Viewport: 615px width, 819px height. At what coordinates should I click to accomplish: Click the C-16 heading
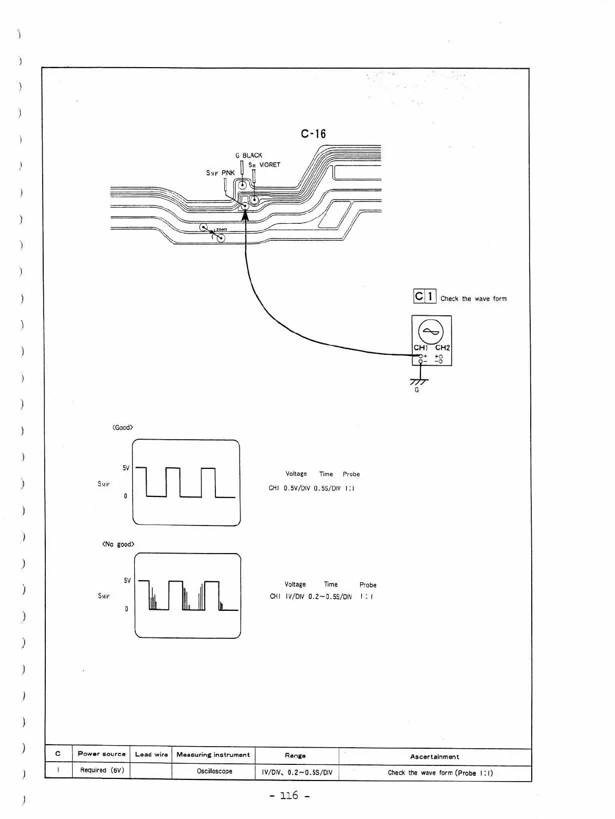click(x=313, y=134)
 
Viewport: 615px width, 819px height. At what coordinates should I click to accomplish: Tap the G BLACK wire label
click(x=249, y=156)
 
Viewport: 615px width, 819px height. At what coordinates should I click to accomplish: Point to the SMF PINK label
click(x=221, y=173)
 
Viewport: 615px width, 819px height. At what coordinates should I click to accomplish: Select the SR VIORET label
click(x=264, y=165)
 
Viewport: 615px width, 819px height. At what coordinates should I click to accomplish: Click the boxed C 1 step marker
click(x=425, y=297)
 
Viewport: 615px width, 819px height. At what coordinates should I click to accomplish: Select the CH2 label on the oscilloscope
click(x=442, y=348)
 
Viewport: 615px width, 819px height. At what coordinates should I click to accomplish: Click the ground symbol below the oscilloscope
click(x=419, y=381)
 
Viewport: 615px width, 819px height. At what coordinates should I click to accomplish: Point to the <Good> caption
click(x=123, y=428)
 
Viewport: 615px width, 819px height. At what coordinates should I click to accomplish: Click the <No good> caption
click(x=118, y=544)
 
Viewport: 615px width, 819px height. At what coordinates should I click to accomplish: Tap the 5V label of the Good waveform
click(x=126, y=468)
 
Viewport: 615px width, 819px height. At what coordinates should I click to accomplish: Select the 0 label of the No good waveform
click(x=126, y=609)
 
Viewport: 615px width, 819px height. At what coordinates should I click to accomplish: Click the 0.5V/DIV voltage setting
click(x=297, y=489)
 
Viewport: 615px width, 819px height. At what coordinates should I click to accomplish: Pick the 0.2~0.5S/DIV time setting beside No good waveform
click(x=330, y=597)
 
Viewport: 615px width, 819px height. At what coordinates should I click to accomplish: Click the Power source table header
click(x=101, y=754)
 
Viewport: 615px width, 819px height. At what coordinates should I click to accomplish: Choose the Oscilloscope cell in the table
click(x=214, y=771)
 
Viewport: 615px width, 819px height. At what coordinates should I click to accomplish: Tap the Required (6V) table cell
click(x=102, y=770)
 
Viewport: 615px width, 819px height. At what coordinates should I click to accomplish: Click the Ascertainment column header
click(x=434, y=757)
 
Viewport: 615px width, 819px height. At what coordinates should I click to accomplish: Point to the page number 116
click(x=289, y=796)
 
